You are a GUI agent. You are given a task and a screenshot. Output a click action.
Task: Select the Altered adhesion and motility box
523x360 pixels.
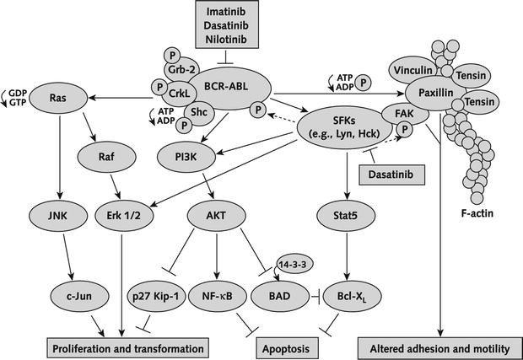(x=438, y=346)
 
